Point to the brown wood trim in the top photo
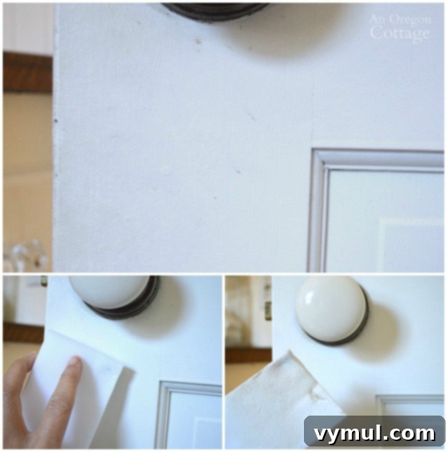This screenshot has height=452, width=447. (28, 71)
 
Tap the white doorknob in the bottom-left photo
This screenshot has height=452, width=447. (109, 291)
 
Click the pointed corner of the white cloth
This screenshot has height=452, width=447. (290, 353)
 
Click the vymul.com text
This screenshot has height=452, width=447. (374, 433)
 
